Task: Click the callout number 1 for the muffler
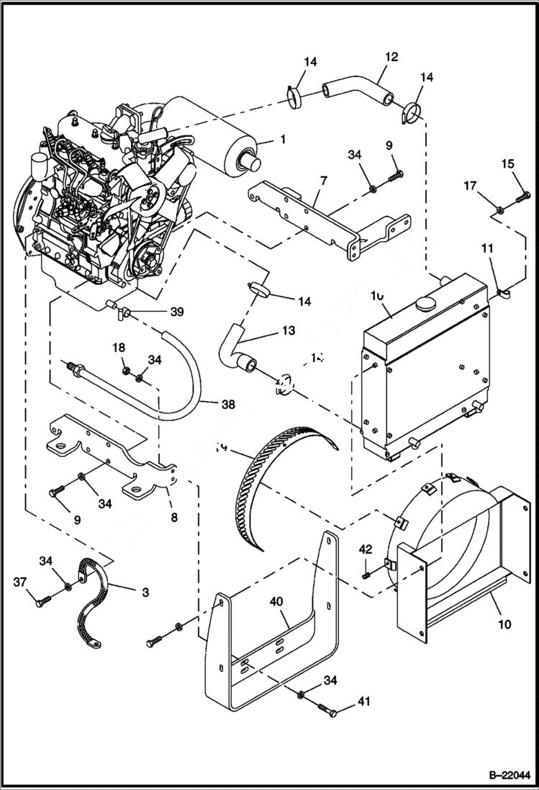click(x=282, y=140)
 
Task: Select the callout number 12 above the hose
click(x=391, y=56)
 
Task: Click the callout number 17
click(x=469, y=187)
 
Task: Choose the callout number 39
click(x=177, y=312)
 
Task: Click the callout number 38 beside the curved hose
click(x=228, y=405)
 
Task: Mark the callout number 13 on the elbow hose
click(x=288, y=331)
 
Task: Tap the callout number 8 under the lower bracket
click(x=174, y=516)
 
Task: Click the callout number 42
click(x=366, y=549)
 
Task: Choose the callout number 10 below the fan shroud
click(x=504, y=624)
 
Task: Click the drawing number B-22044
click(x=505, y=776)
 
